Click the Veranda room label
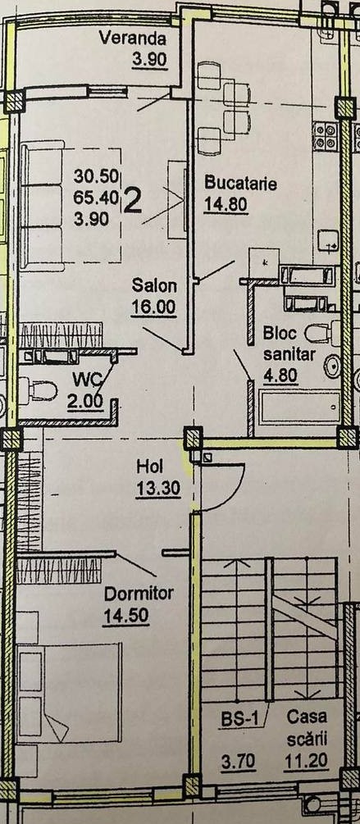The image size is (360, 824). (x=133, y=38)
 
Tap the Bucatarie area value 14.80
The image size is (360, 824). (x=226, y=204)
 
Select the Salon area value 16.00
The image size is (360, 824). (x=153, y=307)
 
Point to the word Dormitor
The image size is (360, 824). (x=139, y=594)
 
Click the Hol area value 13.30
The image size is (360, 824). (x=158, y=489)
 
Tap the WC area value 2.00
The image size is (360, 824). (x=84, y=402)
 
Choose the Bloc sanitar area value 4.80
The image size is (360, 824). (x=280, y=376)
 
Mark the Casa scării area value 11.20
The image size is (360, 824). (x=306, y=760)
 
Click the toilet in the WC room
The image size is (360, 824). (x=38, y=390)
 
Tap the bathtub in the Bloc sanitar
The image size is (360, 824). (x=299, y=407)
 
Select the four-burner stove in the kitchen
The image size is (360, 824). (x=325, y=135)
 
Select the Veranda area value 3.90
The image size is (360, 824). (x=149, y=59)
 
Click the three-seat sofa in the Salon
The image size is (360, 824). (x=42, y=206)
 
